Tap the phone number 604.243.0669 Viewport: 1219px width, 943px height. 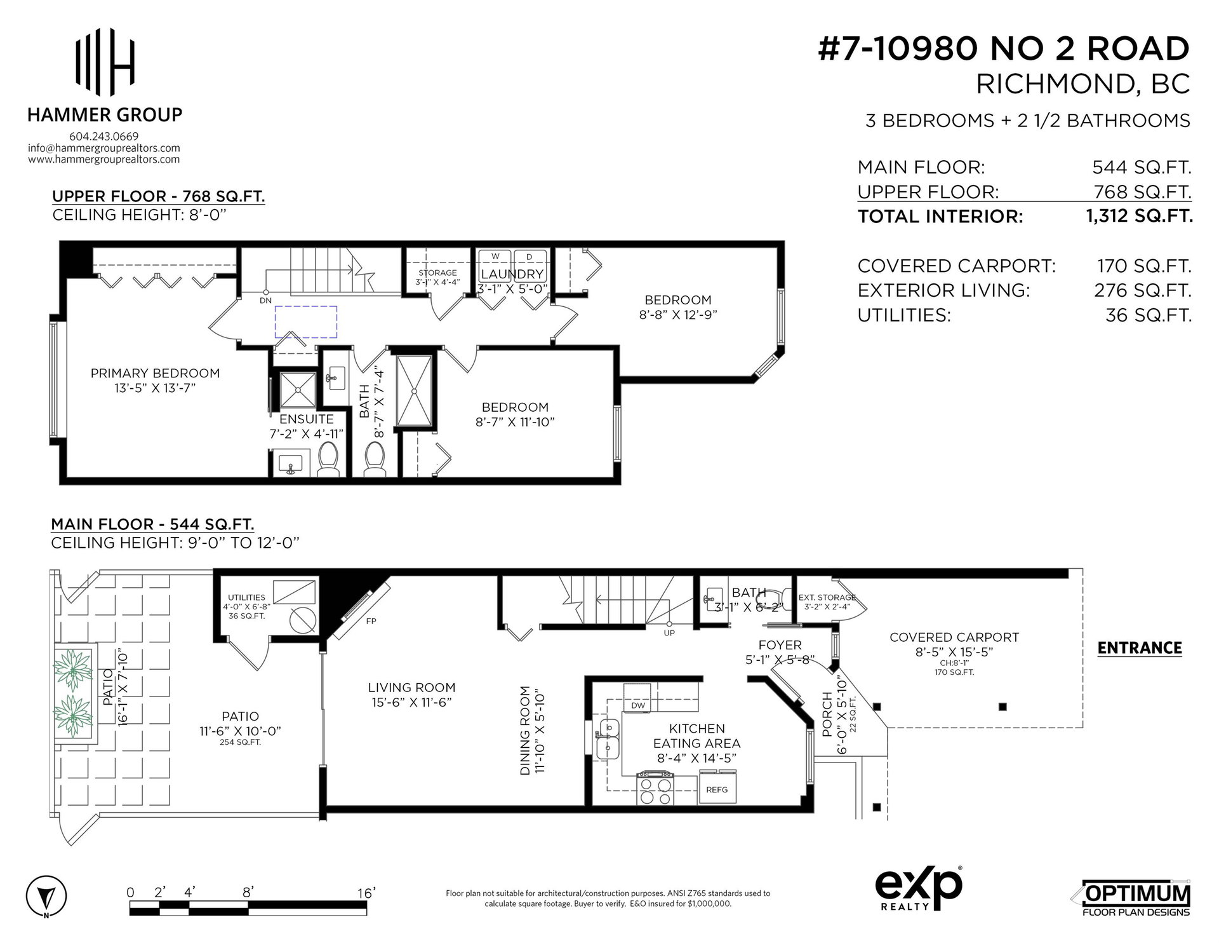coord(103,137)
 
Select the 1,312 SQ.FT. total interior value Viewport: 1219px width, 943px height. coord(1139,216)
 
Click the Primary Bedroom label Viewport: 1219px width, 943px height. coord(155,374)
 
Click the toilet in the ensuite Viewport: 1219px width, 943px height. coord(328,459)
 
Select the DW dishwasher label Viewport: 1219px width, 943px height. coord(637,705)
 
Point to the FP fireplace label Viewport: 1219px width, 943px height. coord(371,621)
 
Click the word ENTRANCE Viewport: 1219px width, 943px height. coord(1140,648)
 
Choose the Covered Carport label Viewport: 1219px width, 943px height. coord(954,637)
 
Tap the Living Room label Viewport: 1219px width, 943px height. coord(411,688)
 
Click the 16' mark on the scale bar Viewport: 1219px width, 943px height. coord(366,893)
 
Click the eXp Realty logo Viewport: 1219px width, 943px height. coord(919,890)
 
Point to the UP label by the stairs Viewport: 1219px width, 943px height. coord(669,633)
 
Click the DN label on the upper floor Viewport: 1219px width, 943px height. coord(265,300)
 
